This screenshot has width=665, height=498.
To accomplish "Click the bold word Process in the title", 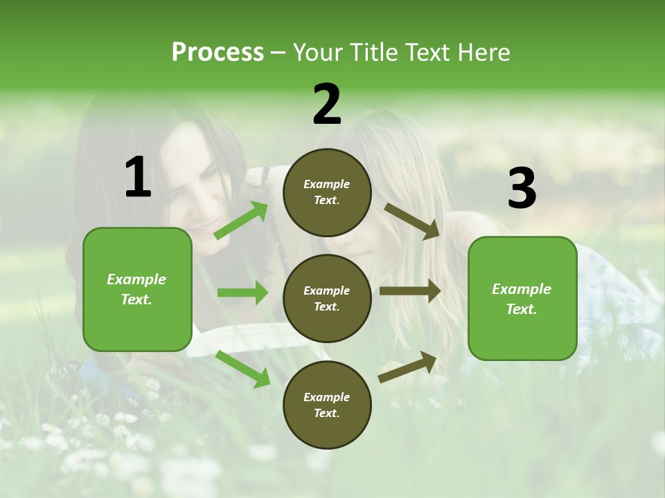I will pyautogui.click(x=218, y=53).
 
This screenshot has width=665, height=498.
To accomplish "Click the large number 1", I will pyautogui.click(x=138, y=178).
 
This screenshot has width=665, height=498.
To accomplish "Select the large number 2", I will pyautogui.click(x=327, y=104).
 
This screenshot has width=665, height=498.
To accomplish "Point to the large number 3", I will pyautogui.click(x=522, y=188).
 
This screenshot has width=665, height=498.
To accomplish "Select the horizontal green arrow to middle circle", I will pyautogui.click(x=242, y=293).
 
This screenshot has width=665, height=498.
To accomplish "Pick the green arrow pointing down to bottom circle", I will pyautogui.click(x=243, y=369).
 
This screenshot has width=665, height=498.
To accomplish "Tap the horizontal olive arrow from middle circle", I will pyautogui.click(x=410, y=291).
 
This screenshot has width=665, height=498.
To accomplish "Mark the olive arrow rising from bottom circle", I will pyautogui.click(x=408, y=367).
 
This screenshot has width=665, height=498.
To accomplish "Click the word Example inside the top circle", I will pyautogui.click(x=326, y=184).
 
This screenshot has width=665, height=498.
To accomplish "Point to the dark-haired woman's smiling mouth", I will pyautogui.click(x=207, y=225).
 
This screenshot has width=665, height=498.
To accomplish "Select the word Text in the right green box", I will pyautogui.click(x=520, y=309).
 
